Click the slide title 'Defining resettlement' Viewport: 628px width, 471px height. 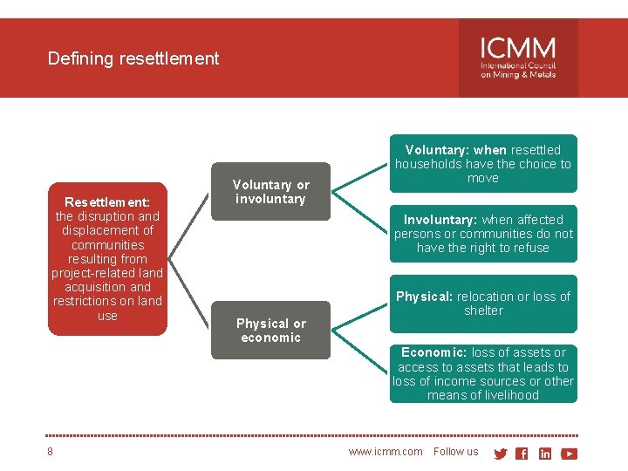coord(133,58)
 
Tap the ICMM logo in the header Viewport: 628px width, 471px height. coord(517,58)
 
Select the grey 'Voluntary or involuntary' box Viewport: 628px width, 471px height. coord(270,192)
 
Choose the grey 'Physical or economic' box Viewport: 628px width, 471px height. coord(270,331)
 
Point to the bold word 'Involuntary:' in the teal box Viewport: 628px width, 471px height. coord(440,220)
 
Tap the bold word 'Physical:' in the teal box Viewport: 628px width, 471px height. coord(425,297)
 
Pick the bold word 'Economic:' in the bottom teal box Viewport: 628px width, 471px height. coord(433,352)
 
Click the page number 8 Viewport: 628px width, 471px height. coord(51,452)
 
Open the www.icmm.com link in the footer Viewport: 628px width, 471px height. coord(385,452)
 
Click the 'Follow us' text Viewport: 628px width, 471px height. coord(455,452)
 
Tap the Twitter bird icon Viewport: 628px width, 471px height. coord(500,454)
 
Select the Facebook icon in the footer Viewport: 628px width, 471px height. coord(522,454)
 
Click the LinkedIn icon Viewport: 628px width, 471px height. coord(545,454)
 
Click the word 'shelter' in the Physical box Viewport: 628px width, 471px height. coord(483,311)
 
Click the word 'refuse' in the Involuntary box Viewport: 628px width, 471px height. coord(531,248)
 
